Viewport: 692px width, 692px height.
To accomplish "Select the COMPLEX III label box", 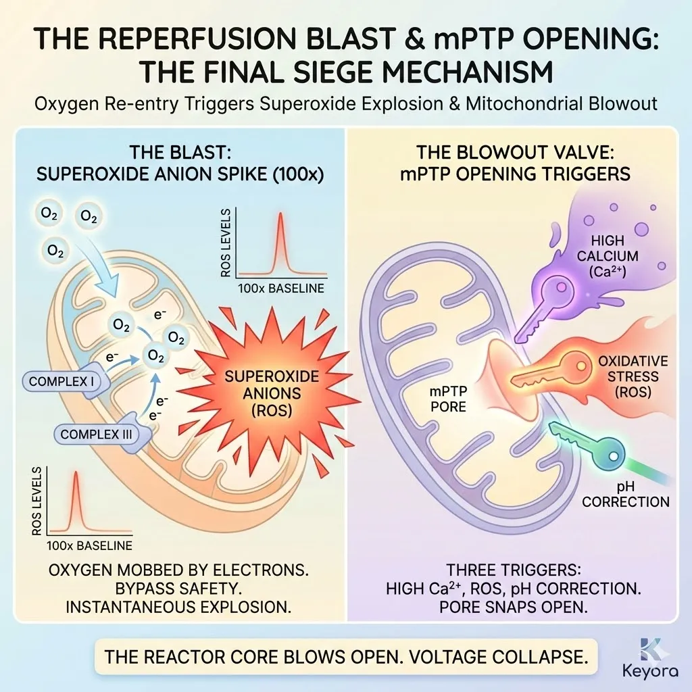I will tap(96, 434).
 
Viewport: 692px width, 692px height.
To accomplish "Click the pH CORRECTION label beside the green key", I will tap(625, 494).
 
